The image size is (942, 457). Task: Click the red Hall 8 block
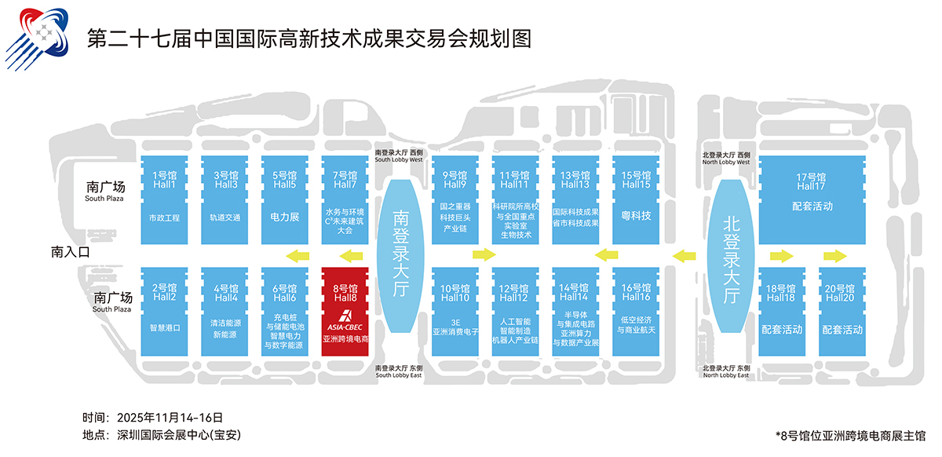tap(345, 312)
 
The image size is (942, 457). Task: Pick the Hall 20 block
tap(842, 312)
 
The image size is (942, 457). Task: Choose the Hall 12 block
tap(515, 312)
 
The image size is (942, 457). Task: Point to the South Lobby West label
tap(399, 155)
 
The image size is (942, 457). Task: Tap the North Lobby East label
tap(726, 371)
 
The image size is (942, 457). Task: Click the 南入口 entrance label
tap(71, 252)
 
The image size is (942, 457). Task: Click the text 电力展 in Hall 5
tap(285, 217)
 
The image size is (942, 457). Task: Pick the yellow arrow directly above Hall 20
tap(834, 255)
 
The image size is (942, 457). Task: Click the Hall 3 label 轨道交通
tap(225, 218)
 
